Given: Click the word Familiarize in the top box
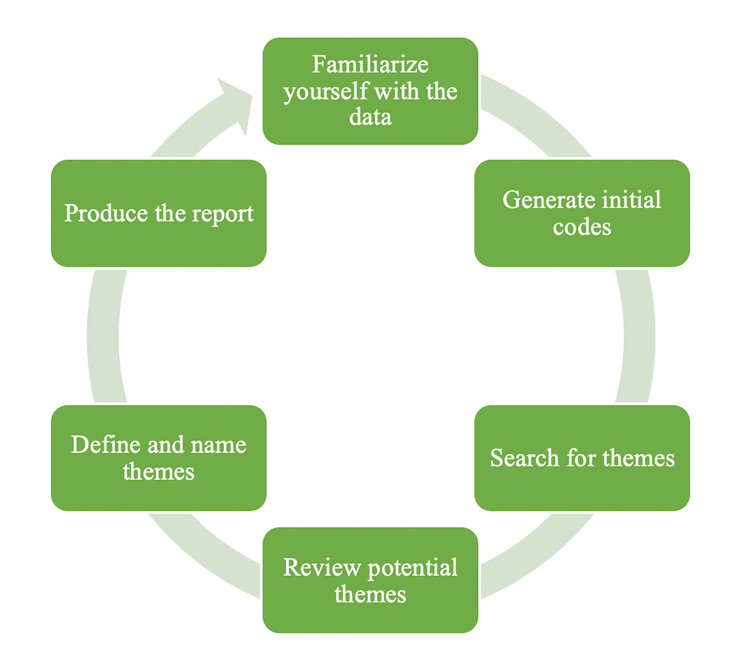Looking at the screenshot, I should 370,64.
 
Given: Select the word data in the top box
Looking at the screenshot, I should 370,117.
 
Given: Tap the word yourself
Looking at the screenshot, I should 325,92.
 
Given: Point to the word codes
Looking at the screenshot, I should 582,227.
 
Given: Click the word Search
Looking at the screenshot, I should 524,458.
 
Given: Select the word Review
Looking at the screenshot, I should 321,568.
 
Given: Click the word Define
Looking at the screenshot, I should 105,445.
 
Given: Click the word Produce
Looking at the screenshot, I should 106,213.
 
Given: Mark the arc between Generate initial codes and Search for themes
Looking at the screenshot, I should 638,336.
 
